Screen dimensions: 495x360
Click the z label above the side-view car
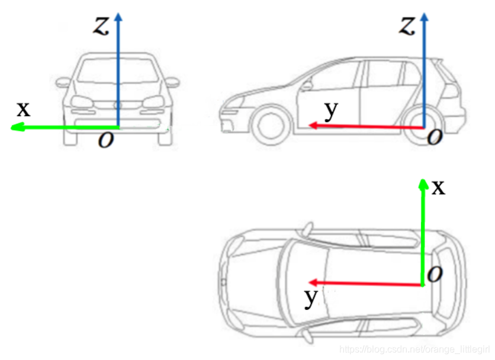(x=407, y=25)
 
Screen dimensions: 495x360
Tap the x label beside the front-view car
(x=23, y=108)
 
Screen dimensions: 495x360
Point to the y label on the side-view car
(x=332, y=110)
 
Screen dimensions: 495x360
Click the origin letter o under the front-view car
(x=106, y=141)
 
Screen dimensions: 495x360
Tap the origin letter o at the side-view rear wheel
(x=435, y=137)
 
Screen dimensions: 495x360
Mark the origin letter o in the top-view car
(x=435, y=274)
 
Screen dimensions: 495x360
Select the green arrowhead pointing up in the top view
(x=423, y=184)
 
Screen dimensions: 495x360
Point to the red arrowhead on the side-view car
(x=313, y=126)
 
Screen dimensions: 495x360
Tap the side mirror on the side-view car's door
(x=306, y=85)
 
